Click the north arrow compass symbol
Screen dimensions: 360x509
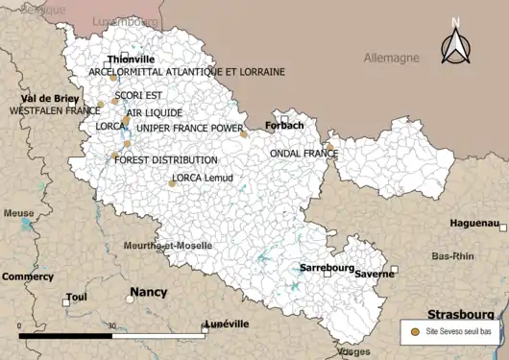[x=456, y=43]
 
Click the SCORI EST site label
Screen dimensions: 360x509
[x=138, y=95]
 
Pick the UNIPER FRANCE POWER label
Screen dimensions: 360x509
[x=189, y=127]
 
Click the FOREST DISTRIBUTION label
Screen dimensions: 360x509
[x=165, y=159]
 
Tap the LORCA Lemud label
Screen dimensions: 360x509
[x=203, y=178]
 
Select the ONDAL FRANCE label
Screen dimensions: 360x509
[x=303, y=154]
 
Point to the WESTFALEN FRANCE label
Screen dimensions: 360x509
[x=55, y=110]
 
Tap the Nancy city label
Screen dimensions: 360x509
[x=148, y=292]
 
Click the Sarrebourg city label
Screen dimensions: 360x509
[x=327, y=267]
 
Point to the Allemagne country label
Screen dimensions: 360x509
[x=391, y=58]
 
